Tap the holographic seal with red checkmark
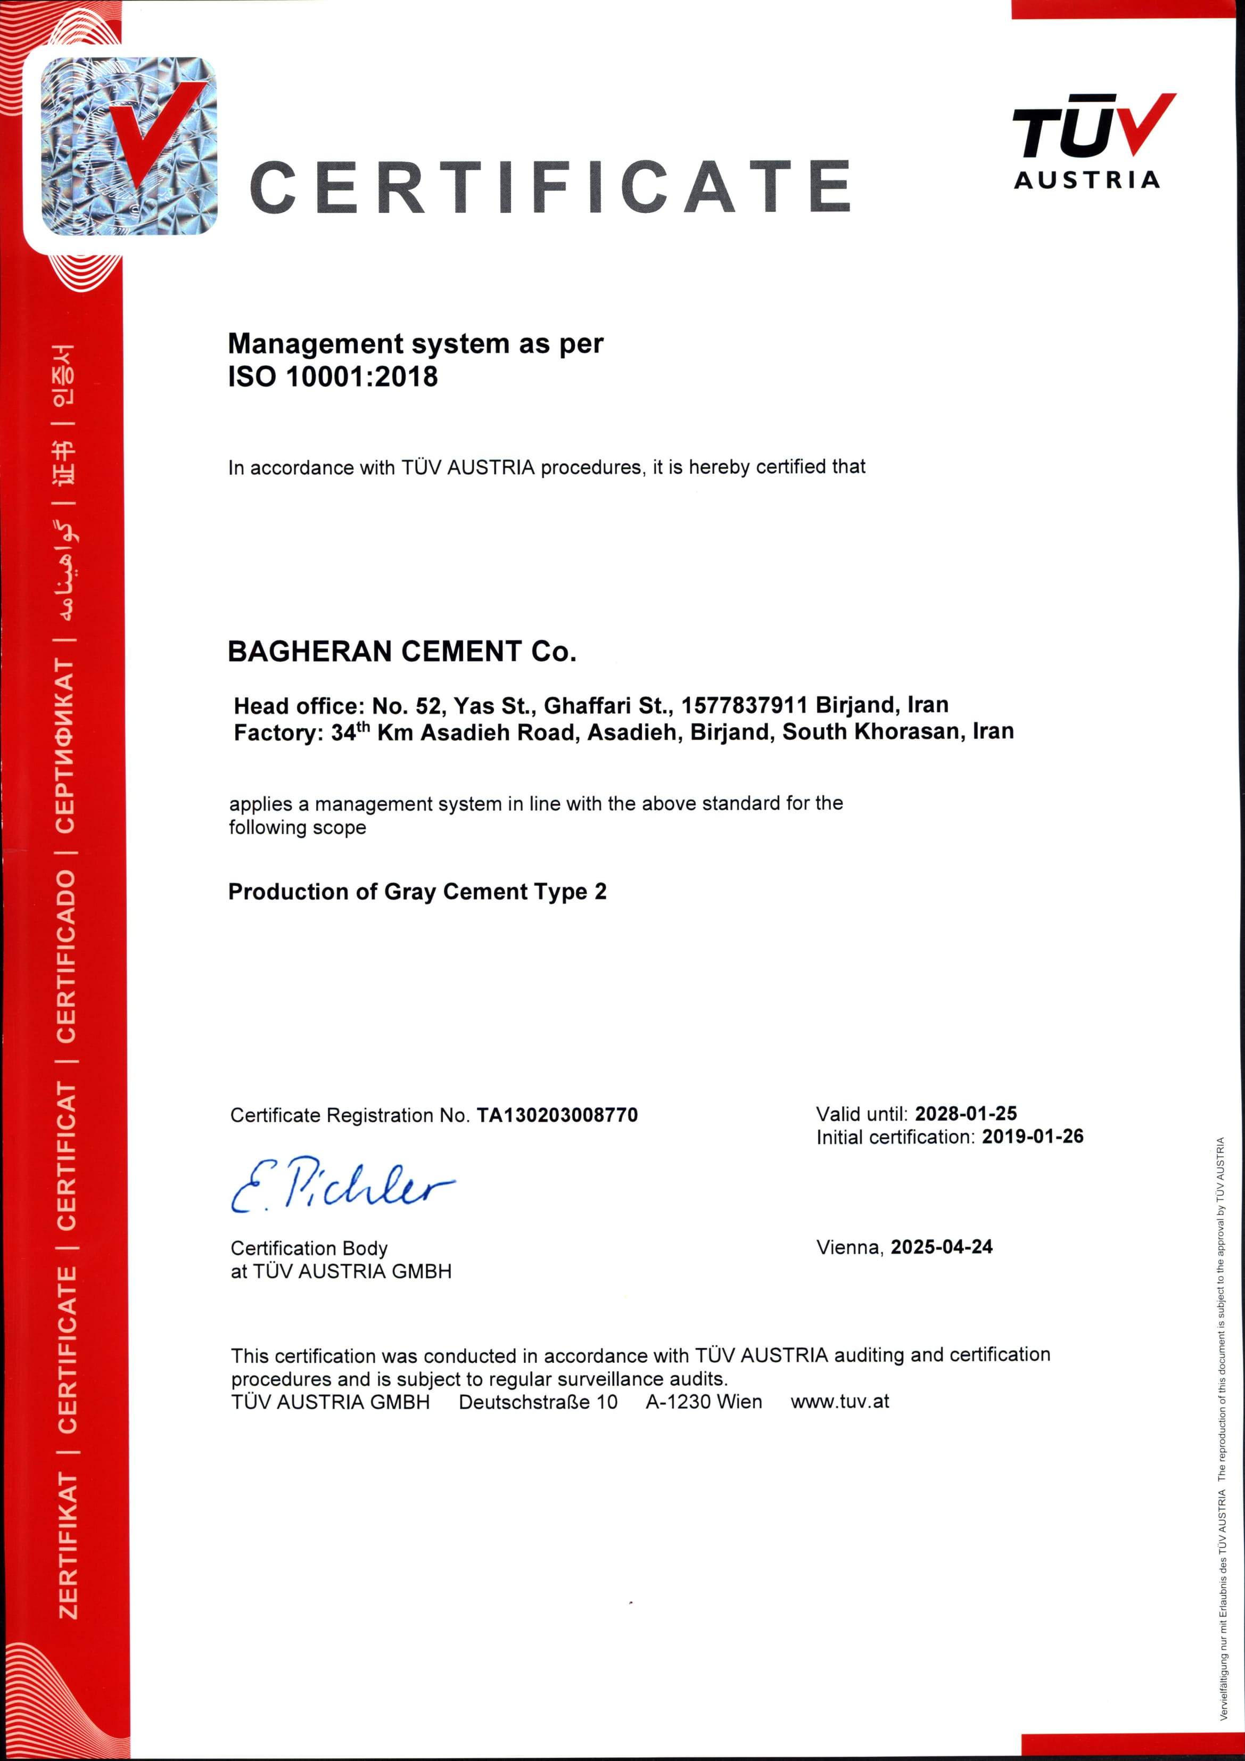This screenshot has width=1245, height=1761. coord(129,146)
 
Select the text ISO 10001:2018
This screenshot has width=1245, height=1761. coord(333,376)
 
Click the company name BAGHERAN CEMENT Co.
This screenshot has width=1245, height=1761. coord(401,651)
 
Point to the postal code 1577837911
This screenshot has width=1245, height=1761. coord(744,705)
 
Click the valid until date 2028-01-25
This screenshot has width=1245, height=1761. coord(965,1113)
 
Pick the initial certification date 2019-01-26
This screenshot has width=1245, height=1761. coord(1032,1136)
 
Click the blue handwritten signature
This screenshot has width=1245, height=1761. coord(341,1185)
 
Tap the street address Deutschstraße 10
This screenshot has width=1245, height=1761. coord(538,1402)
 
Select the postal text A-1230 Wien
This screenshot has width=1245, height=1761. coord(704,1402)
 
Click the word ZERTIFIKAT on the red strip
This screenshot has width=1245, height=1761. coord(68,1546)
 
